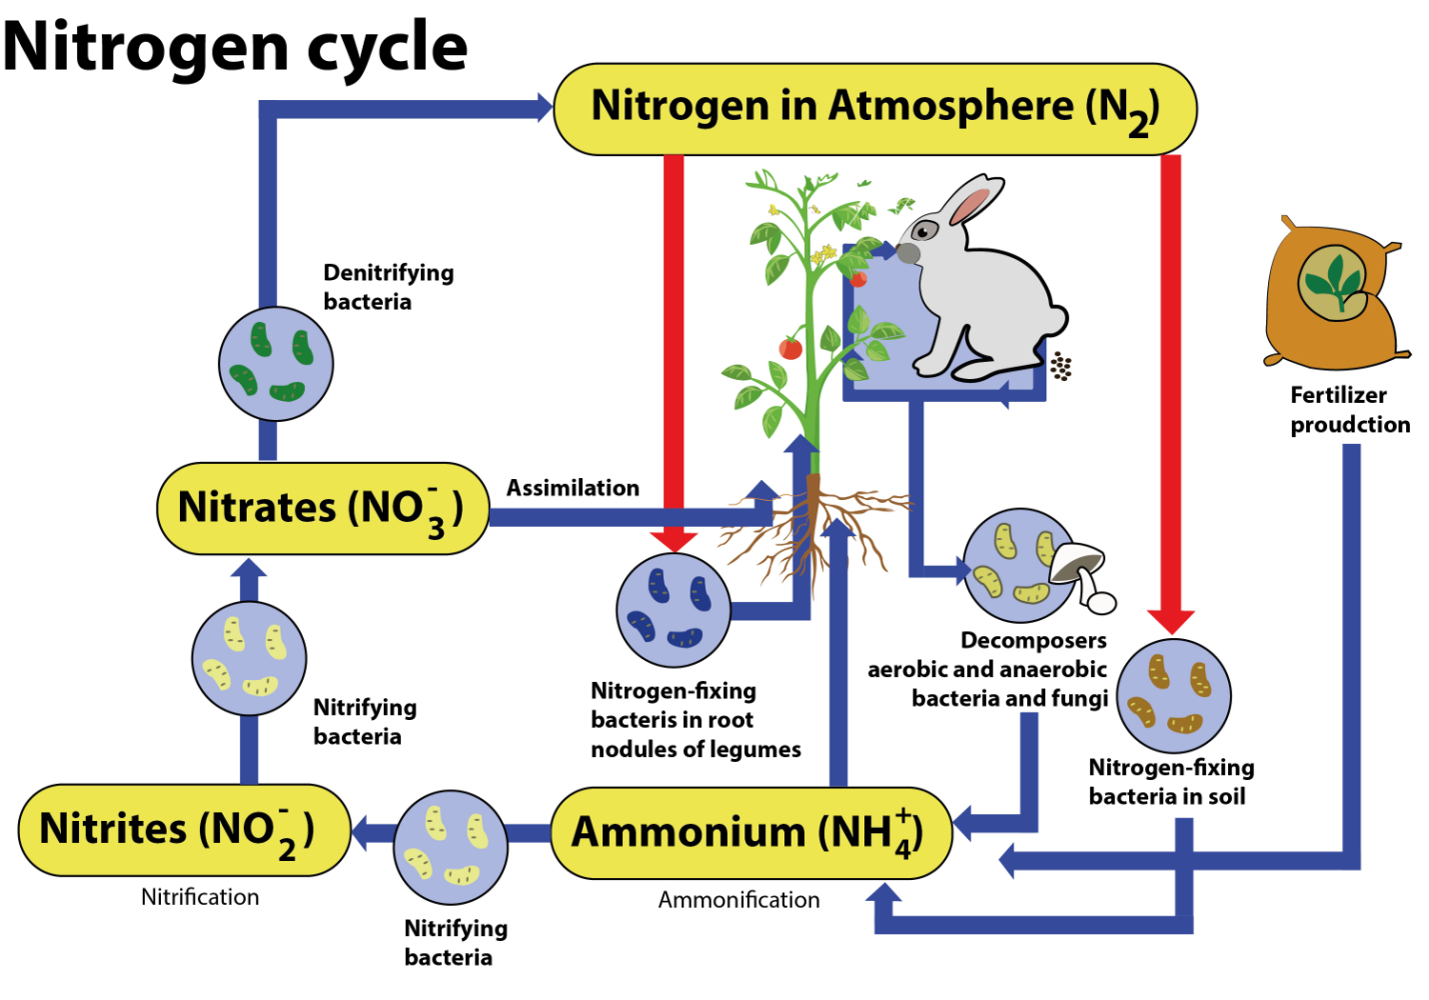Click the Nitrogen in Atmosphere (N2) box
pyautogui.click(x=874, y=109)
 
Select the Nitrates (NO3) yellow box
pyautogui.click(x=322, y=508)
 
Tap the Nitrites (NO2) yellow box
pyautogui.click(x=184, y=830)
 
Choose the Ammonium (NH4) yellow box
pyautogui.click(x=750, y=833)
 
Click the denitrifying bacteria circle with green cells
pyautogui.click(x=276, y=364)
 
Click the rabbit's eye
pyautogui.click(x=923, y=231)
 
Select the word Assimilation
pyautogui.click(x=573, y=488)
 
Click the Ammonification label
pyautogui.click(x=738, y=900)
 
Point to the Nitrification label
pyautogui.click(x=200, y=897)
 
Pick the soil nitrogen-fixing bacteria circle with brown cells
pyautogui.click(x=1173, y=696)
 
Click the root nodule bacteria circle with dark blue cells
pyautogui.click(x=673, y=610)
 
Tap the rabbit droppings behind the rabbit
pyautogui.click(x=1060, y=367)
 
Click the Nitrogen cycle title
pyautogui.click(x=236, y=47)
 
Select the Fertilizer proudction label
pyautogui.click(x=1349, y=410)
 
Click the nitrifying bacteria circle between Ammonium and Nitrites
pyautogui.click(x=451, y=847)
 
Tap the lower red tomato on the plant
pyautogui.click(x=790, y=347)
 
